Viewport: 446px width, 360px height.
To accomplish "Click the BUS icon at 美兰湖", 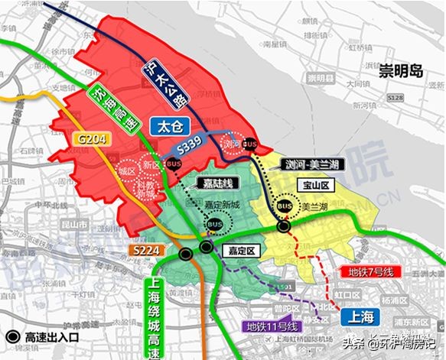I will pos(285,206).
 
